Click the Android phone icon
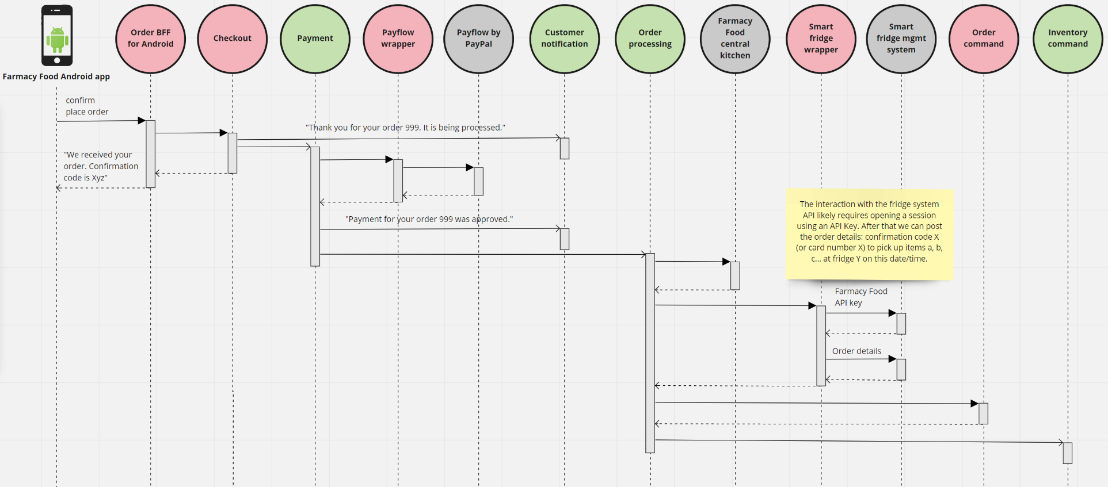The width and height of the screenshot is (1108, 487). pos(57,36)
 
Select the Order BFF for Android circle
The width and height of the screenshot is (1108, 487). pos(151,39)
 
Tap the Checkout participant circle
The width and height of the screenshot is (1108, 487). pos(233,39)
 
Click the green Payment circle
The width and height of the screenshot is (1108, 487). pos(315,39)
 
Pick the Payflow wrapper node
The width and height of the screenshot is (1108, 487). pos(398,39)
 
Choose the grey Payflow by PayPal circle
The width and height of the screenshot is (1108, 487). pos(478,39)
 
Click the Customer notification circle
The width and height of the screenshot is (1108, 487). pos(564,39)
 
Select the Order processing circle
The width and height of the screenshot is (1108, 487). pos(650,39)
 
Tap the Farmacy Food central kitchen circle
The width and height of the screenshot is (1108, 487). pos(735,39)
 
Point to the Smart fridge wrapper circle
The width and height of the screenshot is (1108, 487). pos(821,39)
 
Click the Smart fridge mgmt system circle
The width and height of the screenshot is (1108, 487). pos(901,39)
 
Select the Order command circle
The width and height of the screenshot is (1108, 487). pos(984,39)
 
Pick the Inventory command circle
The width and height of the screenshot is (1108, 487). pos(1068,39)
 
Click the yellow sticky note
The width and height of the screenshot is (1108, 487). pos(869,234)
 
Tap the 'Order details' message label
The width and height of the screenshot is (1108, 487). pos(856,351)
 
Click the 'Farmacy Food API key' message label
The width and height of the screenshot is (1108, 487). pos(860,297)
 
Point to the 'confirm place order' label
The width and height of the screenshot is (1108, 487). pos(86,106)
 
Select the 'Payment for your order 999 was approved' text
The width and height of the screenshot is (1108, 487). pos(429,219)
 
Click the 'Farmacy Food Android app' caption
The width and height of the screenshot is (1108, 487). pos(56,76)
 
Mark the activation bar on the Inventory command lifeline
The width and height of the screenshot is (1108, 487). pos(1067,453)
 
